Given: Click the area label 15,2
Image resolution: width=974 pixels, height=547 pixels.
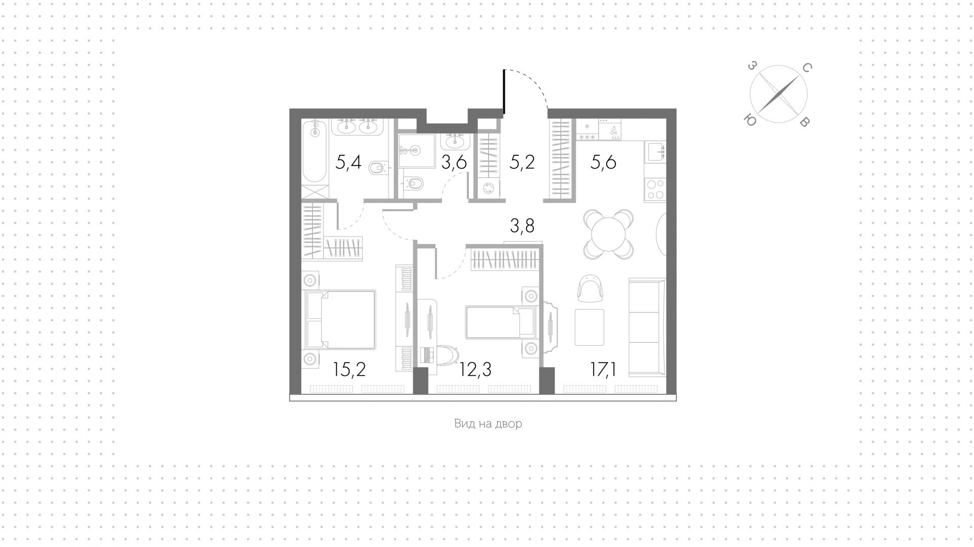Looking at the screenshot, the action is point(350,370).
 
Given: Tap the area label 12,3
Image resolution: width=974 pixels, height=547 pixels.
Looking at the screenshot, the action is point(475,370).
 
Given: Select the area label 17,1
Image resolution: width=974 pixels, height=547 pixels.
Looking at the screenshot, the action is point(603,370).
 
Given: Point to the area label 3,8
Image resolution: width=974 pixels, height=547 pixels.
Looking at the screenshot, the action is point(522,225).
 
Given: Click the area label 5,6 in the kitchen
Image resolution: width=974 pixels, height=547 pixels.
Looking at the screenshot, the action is point(603,162).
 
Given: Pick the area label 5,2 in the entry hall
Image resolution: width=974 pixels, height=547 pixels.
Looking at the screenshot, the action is point(522,162).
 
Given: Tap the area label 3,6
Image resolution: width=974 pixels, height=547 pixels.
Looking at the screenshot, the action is point(454,162).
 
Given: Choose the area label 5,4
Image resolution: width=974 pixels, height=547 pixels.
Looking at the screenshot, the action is point(349,162).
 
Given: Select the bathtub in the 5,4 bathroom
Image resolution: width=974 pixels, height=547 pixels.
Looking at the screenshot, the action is point(315,151).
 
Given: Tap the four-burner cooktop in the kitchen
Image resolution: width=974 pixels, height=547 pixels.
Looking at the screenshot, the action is point(655,189).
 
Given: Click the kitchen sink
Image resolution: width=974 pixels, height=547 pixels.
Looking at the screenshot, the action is point(655,151).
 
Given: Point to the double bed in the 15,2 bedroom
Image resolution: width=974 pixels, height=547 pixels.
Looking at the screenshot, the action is point(339,320).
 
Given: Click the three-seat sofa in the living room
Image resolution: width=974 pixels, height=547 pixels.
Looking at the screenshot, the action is point(647,327).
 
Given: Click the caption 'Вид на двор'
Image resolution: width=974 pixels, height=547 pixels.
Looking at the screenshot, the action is point(488,424).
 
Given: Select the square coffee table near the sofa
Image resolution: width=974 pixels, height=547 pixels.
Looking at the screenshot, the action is point(589,327).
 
